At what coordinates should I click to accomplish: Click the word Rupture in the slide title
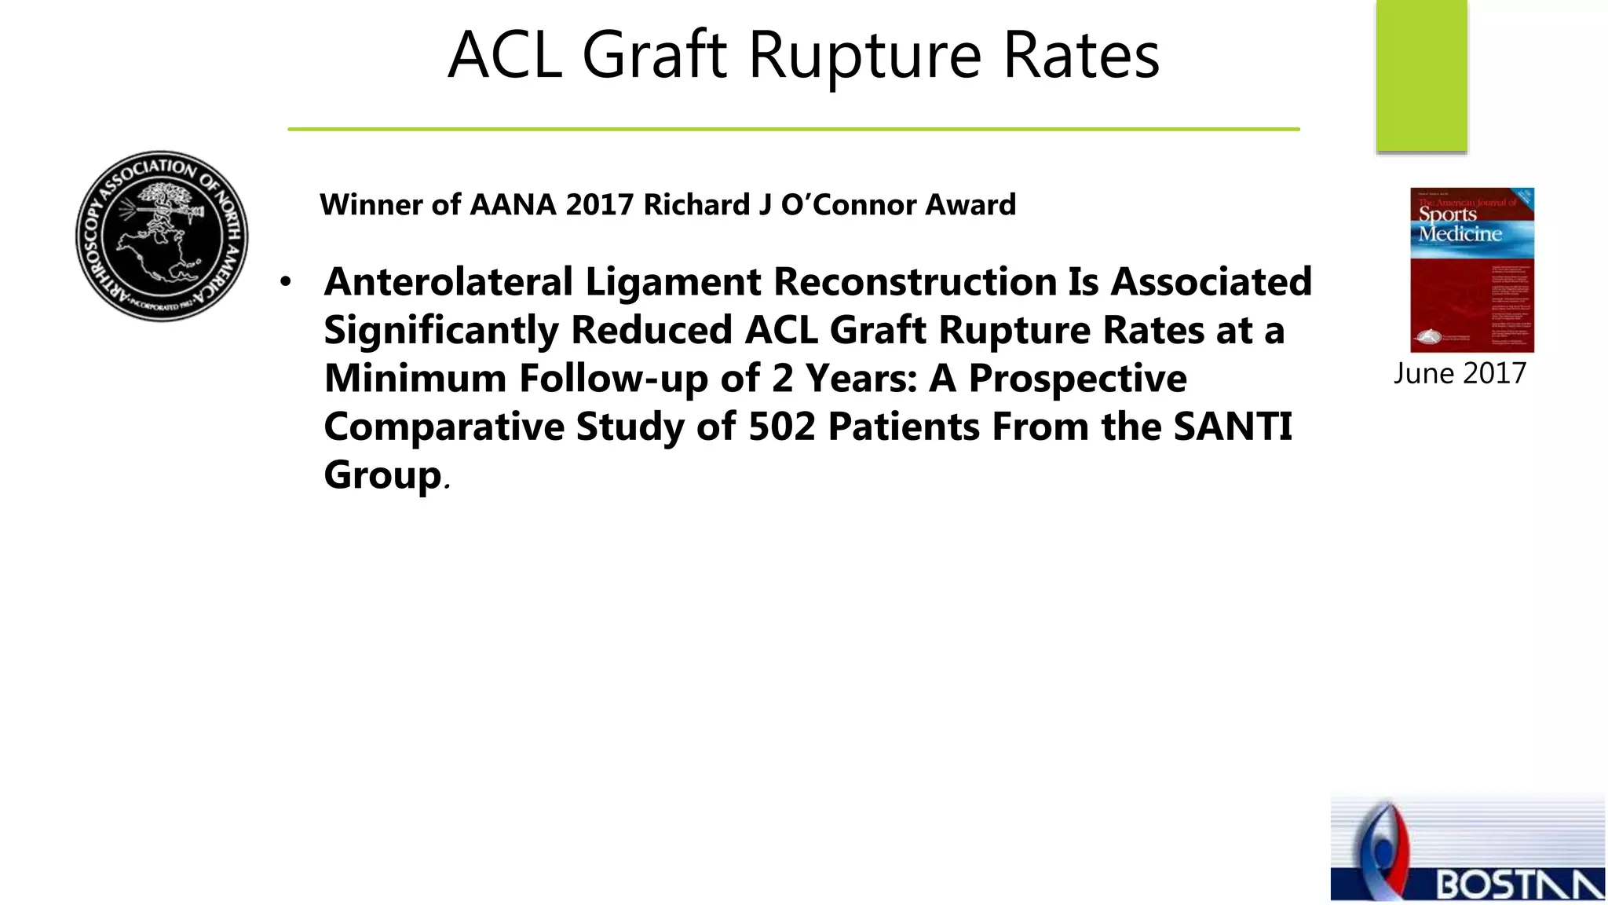pos(864,57)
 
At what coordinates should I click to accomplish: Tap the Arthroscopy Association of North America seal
pos(162,236)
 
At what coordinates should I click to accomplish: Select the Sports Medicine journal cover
pos(1471,269)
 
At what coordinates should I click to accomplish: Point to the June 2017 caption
pos(1460,373)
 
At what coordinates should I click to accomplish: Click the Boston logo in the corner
pos(1467,848)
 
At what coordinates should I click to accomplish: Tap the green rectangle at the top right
pos(1421,75)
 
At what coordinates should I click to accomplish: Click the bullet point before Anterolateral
pos(286,281)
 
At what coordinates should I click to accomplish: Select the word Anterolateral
pos(448,281)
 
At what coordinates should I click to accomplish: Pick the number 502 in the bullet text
pos(781,427)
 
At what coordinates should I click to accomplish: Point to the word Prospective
pos(1077,379)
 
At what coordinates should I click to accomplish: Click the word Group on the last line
pos(383,474)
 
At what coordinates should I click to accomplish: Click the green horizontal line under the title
pos(793,129)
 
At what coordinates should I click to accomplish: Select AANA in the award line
pos(513,205)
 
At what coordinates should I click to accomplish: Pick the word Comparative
pos(444,427)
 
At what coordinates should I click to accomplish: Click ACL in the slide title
pos(505,57)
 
